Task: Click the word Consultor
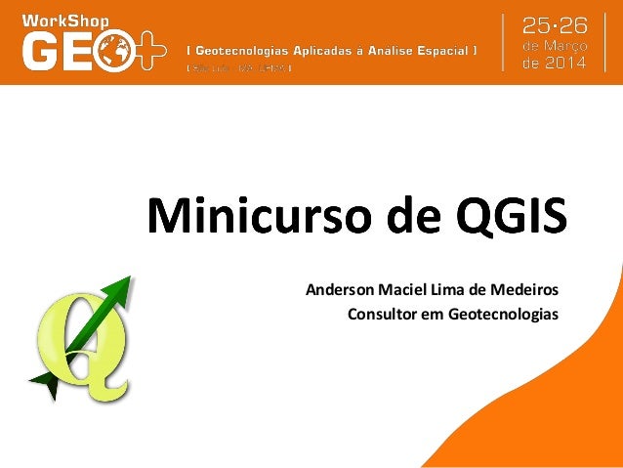coord(379,315)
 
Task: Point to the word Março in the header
coord(563,46)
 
